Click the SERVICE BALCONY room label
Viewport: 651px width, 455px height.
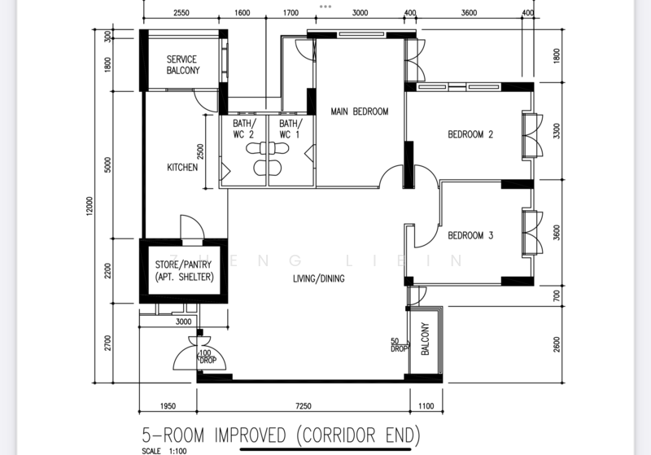[182, 65]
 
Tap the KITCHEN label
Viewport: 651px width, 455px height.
[182, 168]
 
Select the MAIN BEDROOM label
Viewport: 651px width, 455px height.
[360, 112]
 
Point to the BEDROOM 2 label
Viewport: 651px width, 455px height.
[470, 134]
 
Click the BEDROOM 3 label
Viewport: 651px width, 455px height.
[470, 235]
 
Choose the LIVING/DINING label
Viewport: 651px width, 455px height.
[319, 278]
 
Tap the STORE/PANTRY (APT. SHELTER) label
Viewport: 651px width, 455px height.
[184, 271]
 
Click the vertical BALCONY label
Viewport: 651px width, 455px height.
[425, 339]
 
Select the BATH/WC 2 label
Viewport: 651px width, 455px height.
[244, 129]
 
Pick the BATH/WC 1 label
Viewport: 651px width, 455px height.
[291, 129]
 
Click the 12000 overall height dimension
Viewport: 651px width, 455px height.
[90, 206]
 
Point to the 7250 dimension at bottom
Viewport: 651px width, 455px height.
[304, 406]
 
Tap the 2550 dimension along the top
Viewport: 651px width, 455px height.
[181, 13]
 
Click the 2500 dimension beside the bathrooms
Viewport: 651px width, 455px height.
[200, 151]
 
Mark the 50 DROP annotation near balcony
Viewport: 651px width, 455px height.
[399, 345]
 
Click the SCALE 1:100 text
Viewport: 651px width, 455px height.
[164, 451]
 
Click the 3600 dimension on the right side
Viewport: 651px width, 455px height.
[557, 233]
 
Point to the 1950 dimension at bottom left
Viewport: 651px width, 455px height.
[168, 406]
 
